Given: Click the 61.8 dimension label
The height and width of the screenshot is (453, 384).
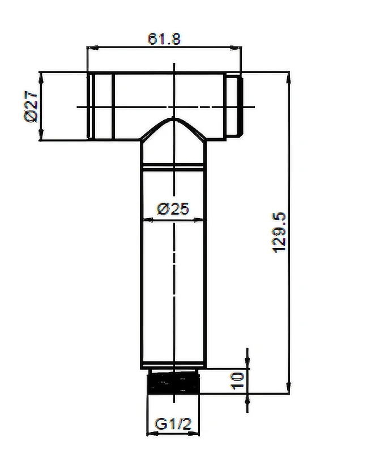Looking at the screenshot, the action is click(x=164, y=39).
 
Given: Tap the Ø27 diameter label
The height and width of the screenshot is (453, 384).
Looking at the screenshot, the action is click(x=31, y=106).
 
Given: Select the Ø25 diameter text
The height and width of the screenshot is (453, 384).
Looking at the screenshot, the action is click(x=173, y=208).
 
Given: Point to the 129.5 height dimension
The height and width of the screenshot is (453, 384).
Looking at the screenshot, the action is click(x=279, y=233).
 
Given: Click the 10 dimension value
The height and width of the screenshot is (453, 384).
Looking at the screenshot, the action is click(x=238, y=381).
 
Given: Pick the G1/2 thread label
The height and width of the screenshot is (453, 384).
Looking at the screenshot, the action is click(x=173, y=424).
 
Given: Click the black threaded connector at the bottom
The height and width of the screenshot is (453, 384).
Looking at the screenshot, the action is click(x=173, y=384).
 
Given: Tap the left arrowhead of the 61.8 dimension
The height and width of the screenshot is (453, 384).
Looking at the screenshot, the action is click(x=92, y=48).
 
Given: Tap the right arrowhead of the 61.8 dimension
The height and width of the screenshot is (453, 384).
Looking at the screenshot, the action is click(x=236, y=48).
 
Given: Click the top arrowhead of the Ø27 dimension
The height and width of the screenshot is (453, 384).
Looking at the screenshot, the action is click(x=41, y=78).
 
